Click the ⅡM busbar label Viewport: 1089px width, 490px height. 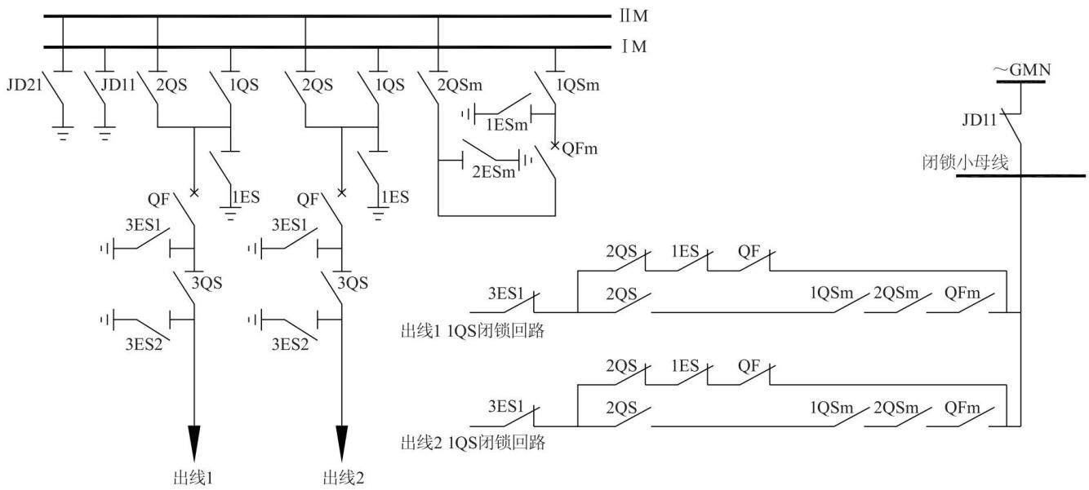633,15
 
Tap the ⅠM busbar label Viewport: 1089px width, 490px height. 634,46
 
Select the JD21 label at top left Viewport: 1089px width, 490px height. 24,86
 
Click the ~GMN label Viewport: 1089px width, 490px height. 1022,70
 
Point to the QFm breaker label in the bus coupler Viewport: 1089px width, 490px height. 580,148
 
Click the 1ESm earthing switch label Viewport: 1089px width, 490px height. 507,125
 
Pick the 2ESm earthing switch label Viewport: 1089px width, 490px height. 493,172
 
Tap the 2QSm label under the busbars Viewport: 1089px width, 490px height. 460,85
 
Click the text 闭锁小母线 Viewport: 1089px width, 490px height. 966,162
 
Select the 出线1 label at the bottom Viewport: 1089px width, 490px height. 193,479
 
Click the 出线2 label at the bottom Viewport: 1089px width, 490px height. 343,479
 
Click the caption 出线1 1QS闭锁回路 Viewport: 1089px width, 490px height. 473,331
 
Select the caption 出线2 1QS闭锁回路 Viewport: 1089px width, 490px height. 473,443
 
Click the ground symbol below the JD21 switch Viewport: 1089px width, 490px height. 63,133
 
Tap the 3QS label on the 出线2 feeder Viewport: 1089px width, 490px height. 353,283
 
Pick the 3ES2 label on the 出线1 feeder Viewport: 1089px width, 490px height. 144,344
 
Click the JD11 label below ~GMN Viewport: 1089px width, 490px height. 980,120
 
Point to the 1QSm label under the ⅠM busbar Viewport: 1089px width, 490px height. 577,85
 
